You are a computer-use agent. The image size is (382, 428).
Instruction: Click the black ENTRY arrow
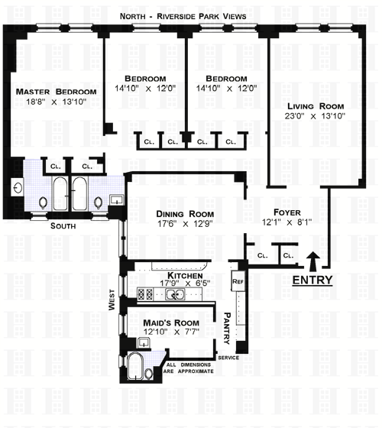click(x=313, y=261)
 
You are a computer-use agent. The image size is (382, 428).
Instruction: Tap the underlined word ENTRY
click(x=312, y=280)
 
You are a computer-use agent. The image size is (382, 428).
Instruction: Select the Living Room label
click(x=316, y=106)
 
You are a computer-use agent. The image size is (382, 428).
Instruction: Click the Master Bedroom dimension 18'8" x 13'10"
click(x=57, y=102)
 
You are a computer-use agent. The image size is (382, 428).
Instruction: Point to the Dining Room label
click(x=185, y=214)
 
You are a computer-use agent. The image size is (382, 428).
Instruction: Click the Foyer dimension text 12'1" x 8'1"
click(x=287, y=222)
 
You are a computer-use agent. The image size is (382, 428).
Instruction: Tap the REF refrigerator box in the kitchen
click(x=238, y=281)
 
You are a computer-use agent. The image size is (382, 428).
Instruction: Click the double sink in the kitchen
click(x=175, y=295)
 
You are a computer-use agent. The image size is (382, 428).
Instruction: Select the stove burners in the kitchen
click(x=145, y=295)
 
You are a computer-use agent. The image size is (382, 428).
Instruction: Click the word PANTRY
click(x=227, y=329)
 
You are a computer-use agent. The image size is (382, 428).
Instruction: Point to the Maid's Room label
click(x=171, y=323)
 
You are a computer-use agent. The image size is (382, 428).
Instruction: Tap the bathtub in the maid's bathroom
click(x=135, y=366)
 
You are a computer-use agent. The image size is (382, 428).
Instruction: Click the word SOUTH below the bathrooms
click(x=63, y=226)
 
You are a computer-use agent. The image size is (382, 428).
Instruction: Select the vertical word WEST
click(x=112, y=300)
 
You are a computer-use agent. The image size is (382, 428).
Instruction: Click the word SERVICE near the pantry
click(x=228, y=358)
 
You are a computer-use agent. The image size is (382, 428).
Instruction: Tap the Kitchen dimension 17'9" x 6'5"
click(x=185, y=283)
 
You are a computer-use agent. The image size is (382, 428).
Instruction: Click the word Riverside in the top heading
click(x=176, y=16)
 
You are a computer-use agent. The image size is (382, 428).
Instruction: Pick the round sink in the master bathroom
click(x=18, y=188)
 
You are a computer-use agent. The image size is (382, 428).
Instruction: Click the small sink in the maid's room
click(x=143, y=342)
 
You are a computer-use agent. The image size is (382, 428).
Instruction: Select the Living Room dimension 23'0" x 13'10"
click(x=315, y=116)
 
